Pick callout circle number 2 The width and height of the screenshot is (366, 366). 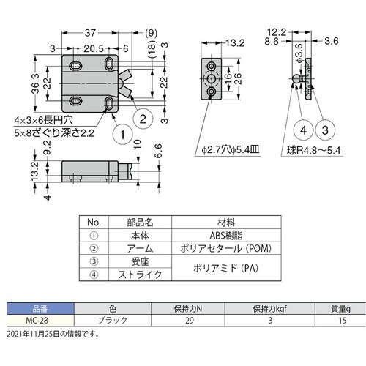[144, 116]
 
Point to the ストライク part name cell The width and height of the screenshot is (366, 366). [137, 275]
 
